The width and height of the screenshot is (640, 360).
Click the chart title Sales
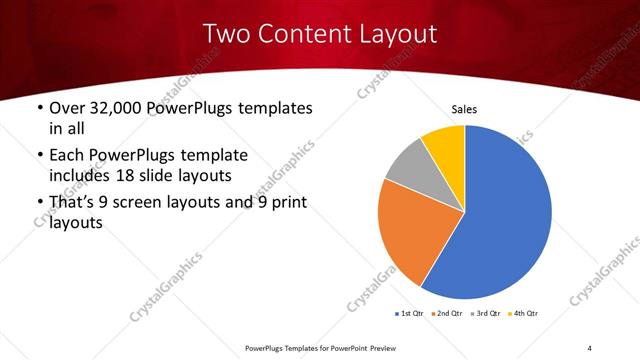pyautogui.click(x=465, y=108)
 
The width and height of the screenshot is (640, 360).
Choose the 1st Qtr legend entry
pyautogui.click(x=409, y=314)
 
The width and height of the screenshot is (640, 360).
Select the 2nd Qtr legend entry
pyautogui.click(x=447, y=314)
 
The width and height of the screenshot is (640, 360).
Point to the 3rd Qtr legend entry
pyautogui.click(x=486, y=314)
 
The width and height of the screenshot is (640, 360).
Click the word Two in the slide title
pyautogui.click(x=226, y=34)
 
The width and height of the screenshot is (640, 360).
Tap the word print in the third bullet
pyautogui.click(x=287, y=204)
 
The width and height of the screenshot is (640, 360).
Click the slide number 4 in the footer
pyautogui.click(x=589, y=347)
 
